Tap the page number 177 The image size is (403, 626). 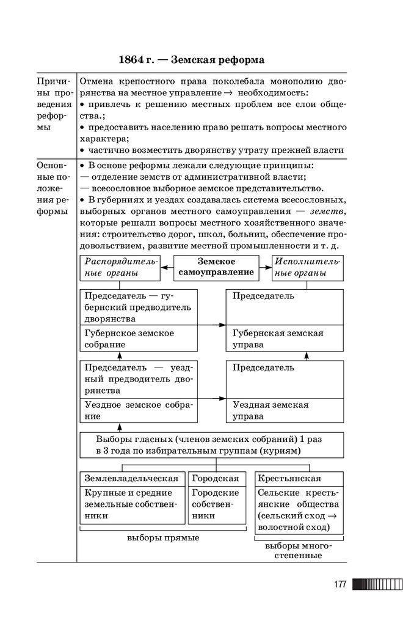coord(340,584)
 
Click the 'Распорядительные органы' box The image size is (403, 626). coord(118,267)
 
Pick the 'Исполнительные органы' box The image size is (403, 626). coord(307,267)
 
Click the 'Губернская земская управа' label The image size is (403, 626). coord(278,339)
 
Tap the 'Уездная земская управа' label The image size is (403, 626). coord(270,410)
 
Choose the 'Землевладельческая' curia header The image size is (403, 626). coord(132,479)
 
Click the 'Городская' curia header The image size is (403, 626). coord(216,479)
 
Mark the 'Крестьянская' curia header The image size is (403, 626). coord(290,479)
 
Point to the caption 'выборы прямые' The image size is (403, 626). coord(163,538)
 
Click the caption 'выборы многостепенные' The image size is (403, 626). coord(298,551)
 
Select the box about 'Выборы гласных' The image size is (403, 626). coord(212,444)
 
